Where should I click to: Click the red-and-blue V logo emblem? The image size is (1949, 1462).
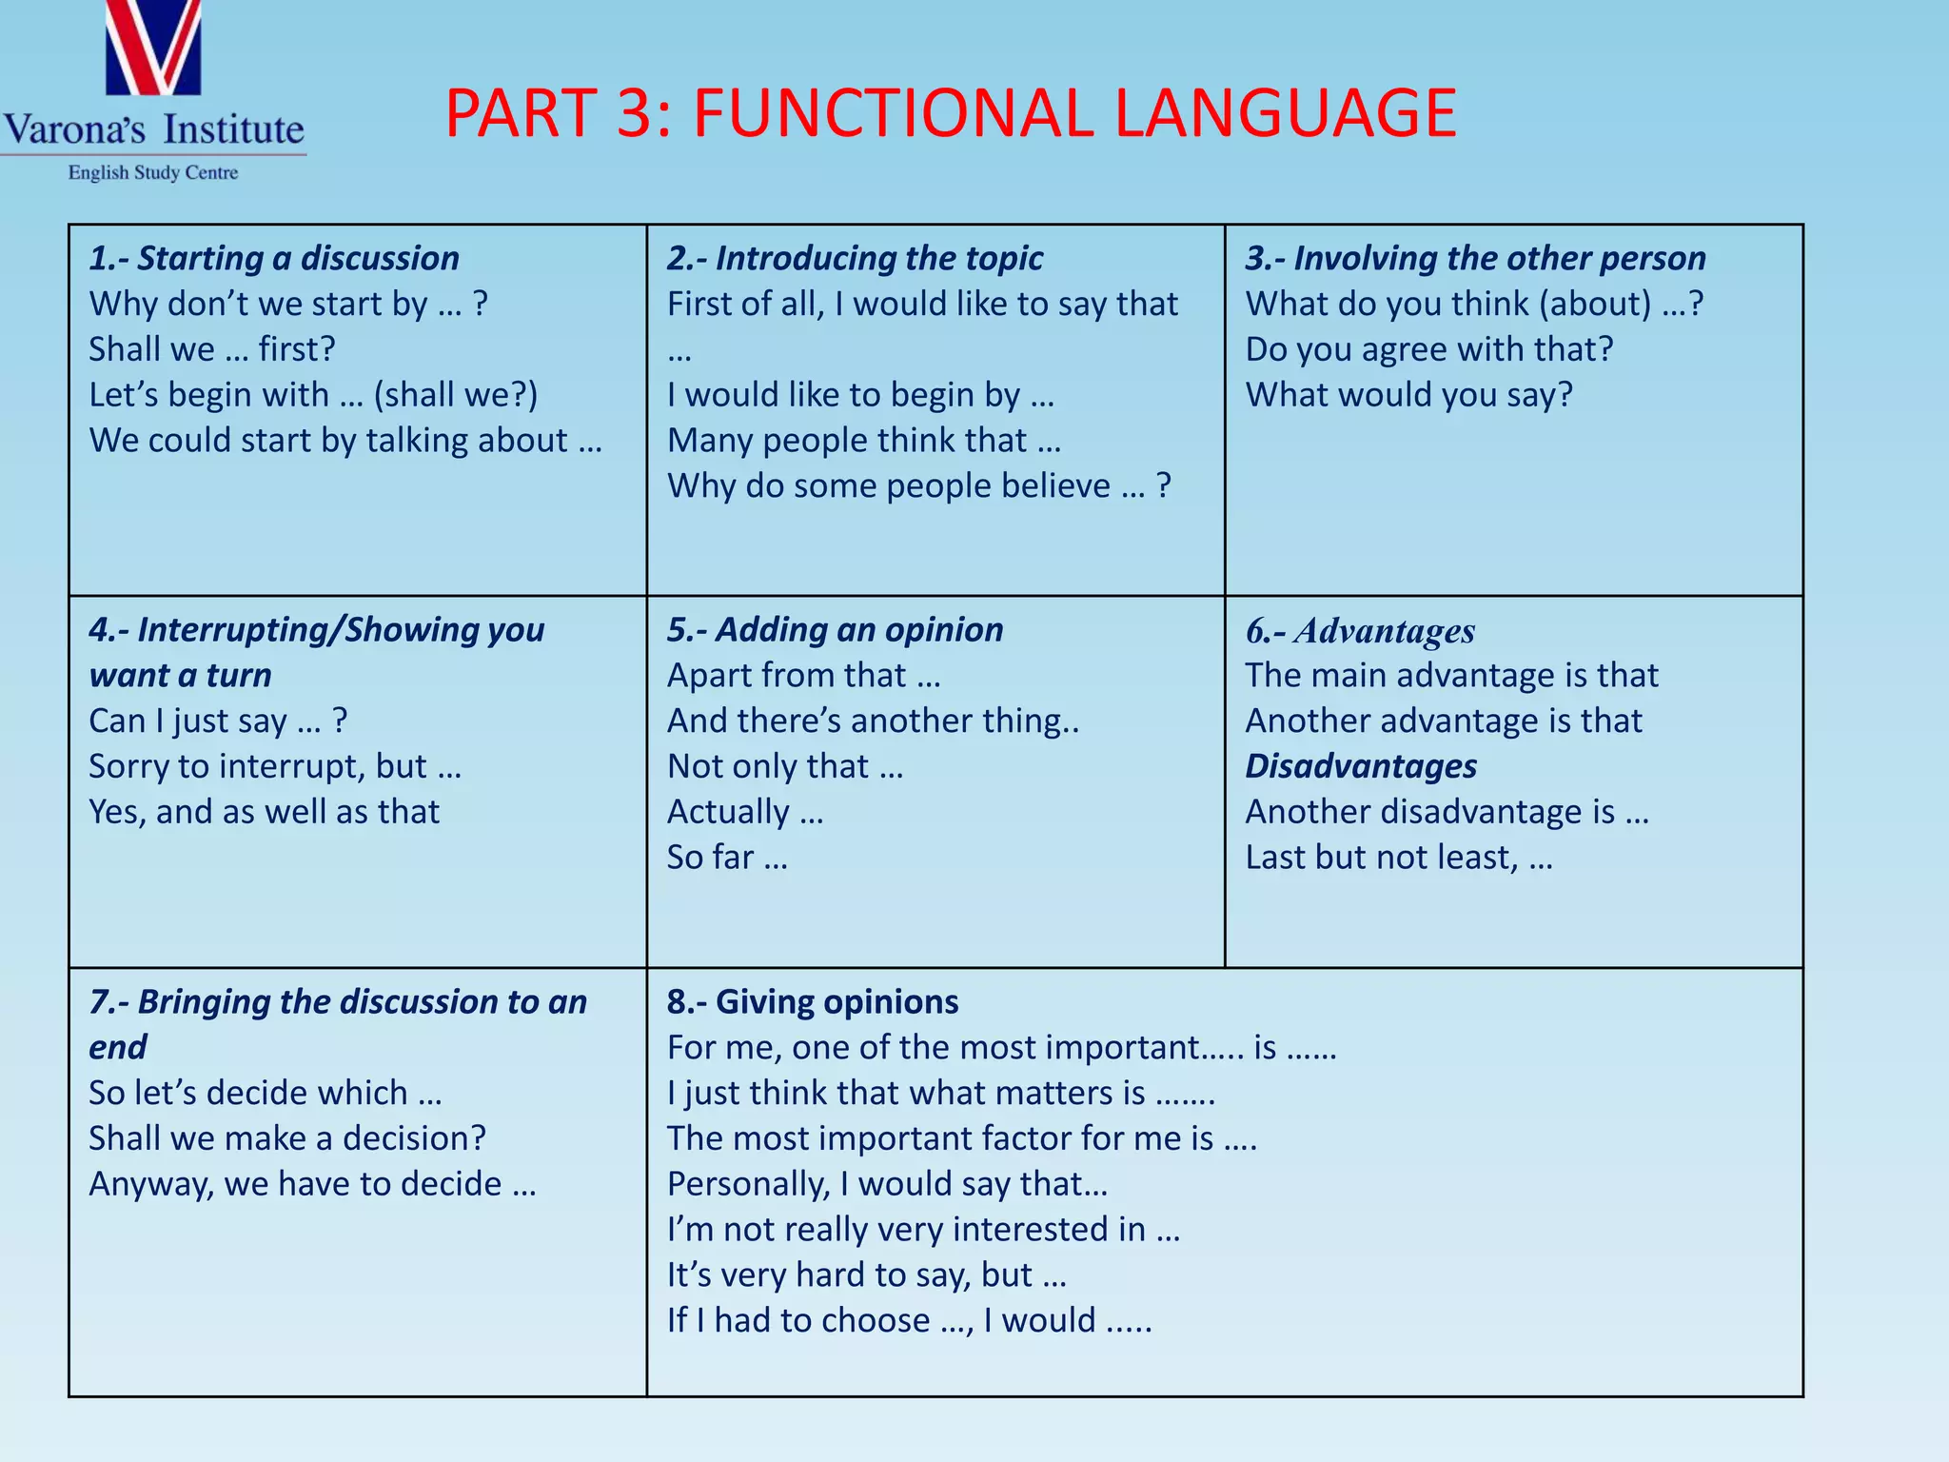coord(153,48)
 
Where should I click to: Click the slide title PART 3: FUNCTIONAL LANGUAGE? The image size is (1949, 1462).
coord(950,114)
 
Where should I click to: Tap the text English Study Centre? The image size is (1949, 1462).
coord(153,173)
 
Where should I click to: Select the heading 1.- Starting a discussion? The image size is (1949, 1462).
coord(274,259)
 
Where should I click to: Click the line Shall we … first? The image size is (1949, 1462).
coord(212,349)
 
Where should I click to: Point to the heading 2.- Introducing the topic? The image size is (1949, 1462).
coord(855,259)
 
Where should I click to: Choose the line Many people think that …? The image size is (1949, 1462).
coord(863,441)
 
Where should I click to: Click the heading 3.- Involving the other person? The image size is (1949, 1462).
coord(1475,259)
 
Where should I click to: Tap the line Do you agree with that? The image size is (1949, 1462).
coord(1429,349)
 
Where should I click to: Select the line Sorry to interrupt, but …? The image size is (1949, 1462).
coord(275,766)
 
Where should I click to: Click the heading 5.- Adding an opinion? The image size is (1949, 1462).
coord(835,630)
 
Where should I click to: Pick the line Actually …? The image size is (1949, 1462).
coord(745,812)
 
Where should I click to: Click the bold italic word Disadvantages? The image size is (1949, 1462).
coord(1361,766)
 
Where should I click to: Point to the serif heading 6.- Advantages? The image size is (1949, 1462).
coord(1360,631)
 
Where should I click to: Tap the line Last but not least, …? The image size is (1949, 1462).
coord(1399,858)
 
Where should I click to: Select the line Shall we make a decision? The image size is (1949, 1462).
coord(287,1138)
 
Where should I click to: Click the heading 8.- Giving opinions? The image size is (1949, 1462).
coord(812,1002)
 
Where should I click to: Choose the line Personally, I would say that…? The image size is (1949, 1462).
coord(887,1184)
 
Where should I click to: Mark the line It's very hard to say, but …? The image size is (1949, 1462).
coord(866,1275)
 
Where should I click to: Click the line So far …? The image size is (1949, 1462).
coord(727,858)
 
